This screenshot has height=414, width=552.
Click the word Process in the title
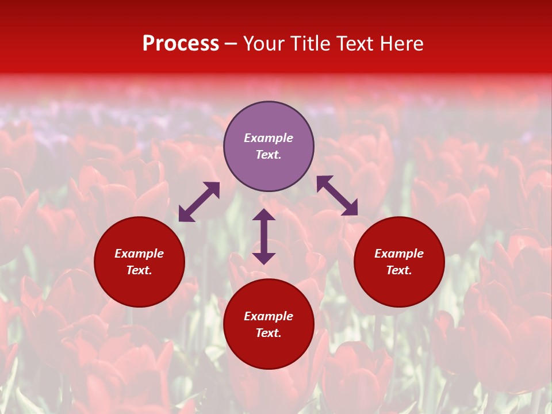(x=181, y=44)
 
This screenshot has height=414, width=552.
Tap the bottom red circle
(x=269, y=351)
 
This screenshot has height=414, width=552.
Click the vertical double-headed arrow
(x=264, y=236)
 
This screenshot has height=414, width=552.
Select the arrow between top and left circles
(x=199, y=202)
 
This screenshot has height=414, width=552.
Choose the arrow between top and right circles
(x=337, y=195)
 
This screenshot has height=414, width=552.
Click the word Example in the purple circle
(x=269, y=138)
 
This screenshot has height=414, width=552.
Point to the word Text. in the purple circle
(x=269, y=155)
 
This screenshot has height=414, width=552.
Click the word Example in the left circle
(x=139, y=254)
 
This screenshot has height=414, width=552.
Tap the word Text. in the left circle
(x=139, y=270)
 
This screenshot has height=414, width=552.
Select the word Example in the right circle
(x=399, y=254)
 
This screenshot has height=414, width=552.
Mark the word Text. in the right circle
(x=399, y=270)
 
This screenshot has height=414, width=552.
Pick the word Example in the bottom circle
(x=269, y=316)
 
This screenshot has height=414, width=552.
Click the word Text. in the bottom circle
(x=269, y=333)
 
